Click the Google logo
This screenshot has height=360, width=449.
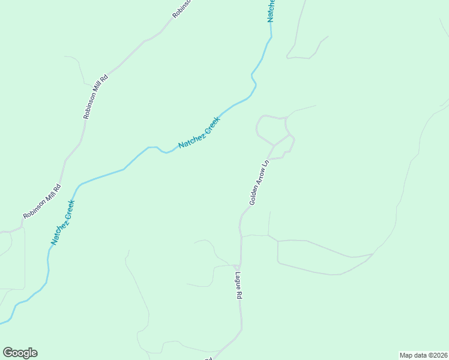tap(20, 353)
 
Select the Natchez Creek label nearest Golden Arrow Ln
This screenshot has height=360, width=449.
tap(199, 133)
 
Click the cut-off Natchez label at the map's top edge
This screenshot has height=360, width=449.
tap(271, 11)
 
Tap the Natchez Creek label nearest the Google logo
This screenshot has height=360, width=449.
tap(62, 222)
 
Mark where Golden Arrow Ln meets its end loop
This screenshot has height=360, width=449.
tap(274, 146)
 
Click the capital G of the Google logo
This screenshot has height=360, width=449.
tap(8, 353)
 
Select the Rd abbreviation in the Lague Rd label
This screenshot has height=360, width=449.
tap(238, 296)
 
